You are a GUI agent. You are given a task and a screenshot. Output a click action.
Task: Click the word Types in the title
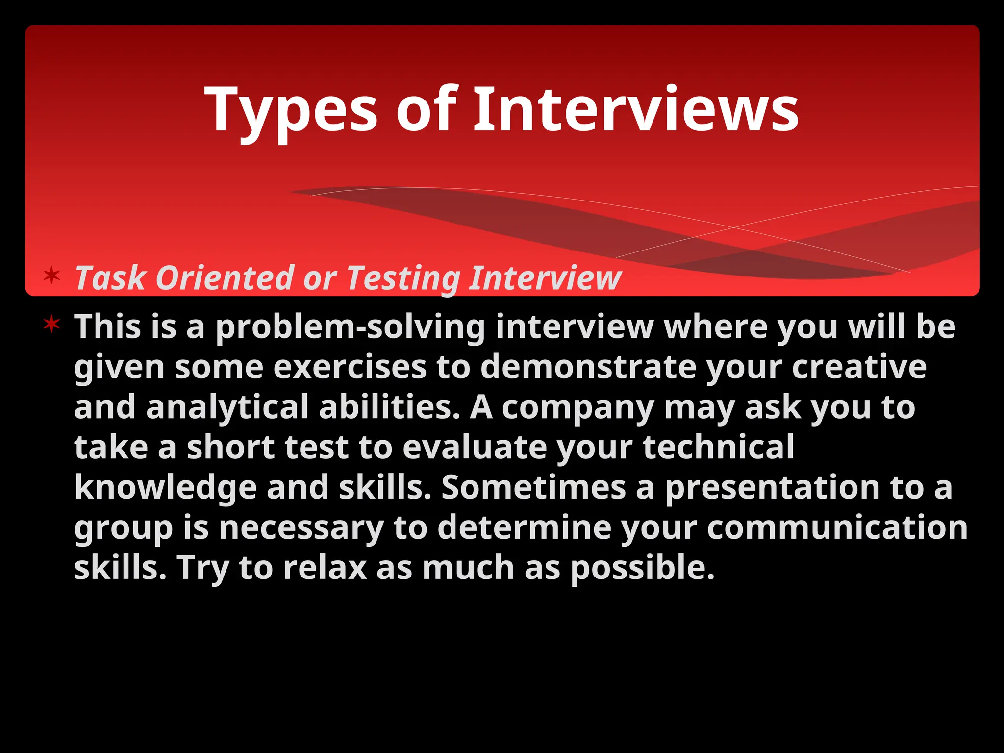click(291, 110)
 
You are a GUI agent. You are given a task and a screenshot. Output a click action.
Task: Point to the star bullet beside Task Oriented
click(51, 276)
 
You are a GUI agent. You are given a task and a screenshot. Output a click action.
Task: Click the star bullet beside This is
click(51, 324)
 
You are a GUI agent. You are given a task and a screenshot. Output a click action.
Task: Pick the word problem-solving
click(350, 327)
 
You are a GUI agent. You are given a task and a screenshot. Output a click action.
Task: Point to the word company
click(577, 407)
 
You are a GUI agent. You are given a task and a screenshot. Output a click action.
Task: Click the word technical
click(718, 448)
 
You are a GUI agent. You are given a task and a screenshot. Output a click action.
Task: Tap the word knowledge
click(165, 488)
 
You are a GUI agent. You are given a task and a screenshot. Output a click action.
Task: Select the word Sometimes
click(533, 488)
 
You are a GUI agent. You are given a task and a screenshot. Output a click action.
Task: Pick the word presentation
click(772, 488)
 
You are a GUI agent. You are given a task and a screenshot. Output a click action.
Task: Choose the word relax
click(325, 568)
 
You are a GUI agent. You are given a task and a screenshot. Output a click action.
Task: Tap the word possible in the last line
click(643, 568)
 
